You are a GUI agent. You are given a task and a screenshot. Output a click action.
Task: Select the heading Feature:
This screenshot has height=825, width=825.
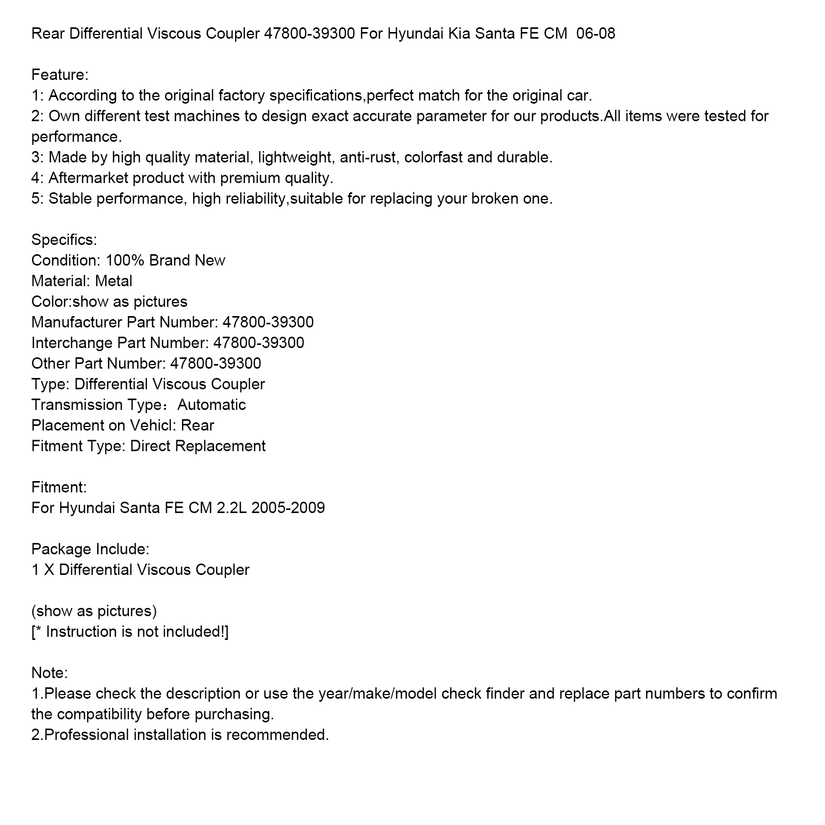(60, 75)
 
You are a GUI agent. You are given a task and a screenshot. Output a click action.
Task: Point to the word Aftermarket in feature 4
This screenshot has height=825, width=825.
(90, 178)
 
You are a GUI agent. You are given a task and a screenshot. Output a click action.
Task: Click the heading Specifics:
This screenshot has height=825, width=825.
(64, 240)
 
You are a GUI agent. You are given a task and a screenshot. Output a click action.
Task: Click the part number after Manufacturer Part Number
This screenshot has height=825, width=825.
(268, 323)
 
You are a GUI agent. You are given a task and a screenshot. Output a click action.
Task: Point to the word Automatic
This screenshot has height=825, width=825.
(211, 405)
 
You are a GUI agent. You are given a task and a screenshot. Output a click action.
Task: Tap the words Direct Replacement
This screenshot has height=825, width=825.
(197, 447)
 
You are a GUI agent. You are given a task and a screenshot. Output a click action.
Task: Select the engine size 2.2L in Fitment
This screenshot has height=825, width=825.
(232, 508)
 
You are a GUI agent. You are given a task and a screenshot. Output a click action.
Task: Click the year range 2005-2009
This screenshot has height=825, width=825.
(288, 508)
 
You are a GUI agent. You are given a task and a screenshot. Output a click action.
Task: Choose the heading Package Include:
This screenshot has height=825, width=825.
(90, 550)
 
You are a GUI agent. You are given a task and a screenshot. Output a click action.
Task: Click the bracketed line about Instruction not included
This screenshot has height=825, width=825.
(130, 632)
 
